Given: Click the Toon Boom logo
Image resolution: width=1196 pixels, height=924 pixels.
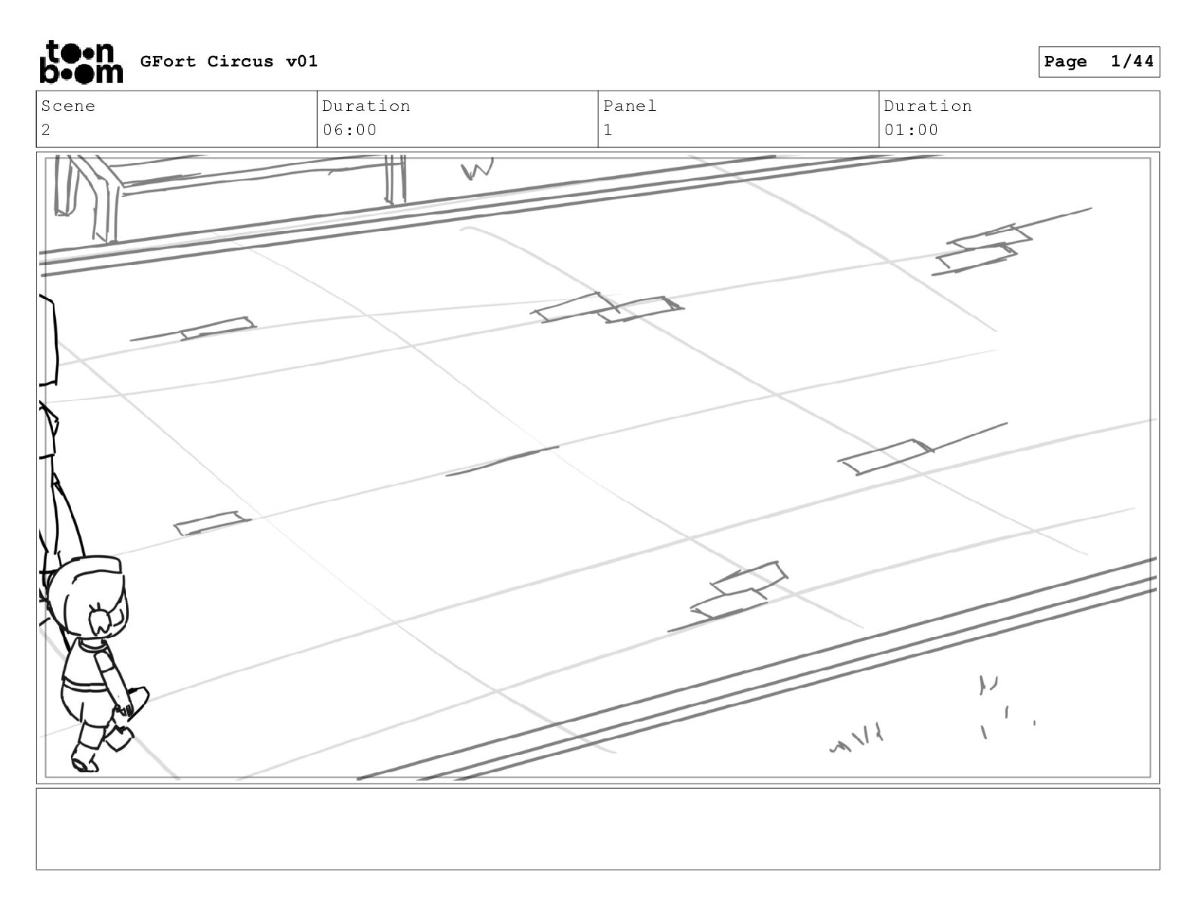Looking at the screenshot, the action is [82, 62].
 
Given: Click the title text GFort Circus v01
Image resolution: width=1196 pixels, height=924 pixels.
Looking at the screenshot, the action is [229, 61].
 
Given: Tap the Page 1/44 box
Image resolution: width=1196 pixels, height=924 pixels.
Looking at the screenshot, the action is [1099, 62].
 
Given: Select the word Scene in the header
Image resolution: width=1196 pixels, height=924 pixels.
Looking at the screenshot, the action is [68, 106].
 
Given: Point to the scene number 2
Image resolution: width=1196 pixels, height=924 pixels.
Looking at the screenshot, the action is [46, 130].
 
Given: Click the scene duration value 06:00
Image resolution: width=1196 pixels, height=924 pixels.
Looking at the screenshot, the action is [350, 130].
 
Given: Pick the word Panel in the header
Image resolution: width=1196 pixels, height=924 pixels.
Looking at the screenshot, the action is [630, 106].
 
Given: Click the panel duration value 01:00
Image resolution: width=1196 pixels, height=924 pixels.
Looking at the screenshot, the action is [911, 130].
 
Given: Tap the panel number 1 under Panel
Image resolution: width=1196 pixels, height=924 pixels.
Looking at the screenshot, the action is [608, 130].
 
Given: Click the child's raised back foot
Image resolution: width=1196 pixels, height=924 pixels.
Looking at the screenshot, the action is [119, 738].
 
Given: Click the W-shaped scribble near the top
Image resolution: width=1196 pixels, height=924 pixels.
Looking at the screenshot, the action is [476, 169].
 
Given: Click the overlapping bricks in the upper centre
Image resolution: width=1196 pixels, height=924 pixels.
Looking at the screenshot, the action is [607, 308].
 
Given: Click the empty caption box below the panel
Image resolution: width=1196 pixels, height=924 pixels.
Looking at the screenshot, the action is [598, 829].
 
